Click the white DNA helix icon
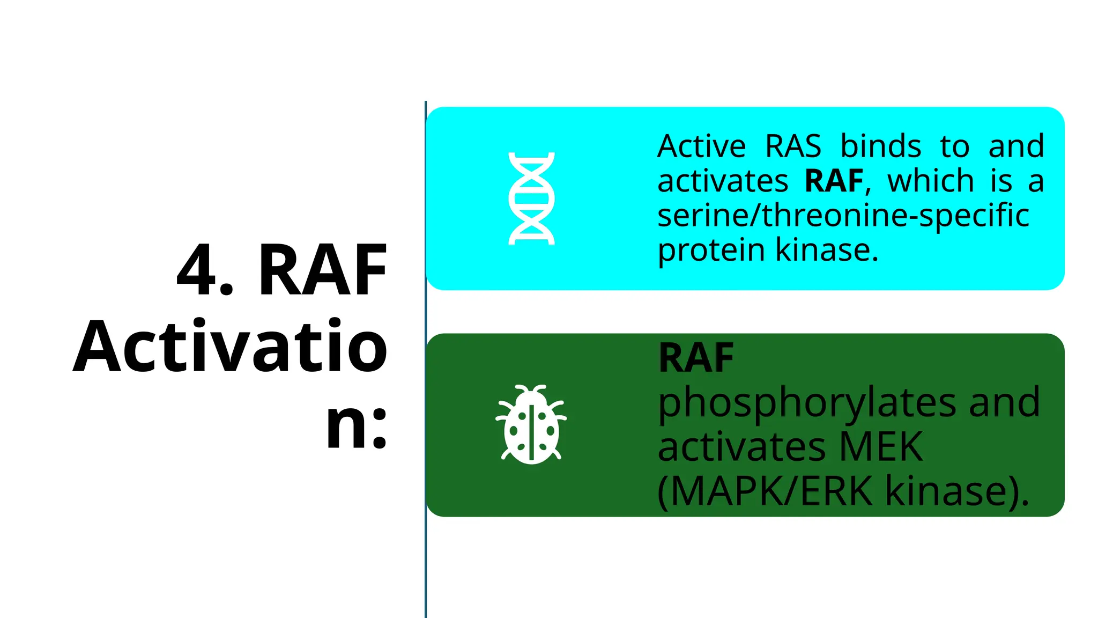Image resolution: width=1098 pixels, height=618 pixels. point(531,198)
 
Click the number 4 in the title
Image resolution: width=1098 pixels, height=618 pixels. point(197,269)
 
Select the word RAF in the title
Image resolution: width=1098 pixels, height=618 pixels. point(322,269)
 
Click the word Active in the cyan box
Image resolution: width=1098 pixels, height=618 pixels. point(701,146)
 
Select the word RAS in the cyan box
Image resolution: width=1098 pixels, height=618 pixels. point(793,146)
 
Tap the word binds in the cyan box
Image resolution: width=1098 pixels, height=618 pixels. point(880,146)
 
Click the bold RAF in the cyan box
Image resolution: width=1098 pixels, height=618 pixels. point(834,181)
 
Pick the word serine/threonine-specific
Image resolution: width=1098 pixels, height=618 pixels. point(843,216)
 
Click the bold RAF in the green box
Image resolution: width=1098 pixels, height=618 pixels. point(696,358)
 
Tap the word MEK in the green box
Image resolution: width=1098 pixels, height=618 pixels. point(881,446)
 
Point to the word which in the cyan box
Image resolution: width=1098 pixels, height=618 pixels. point(931,181)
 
